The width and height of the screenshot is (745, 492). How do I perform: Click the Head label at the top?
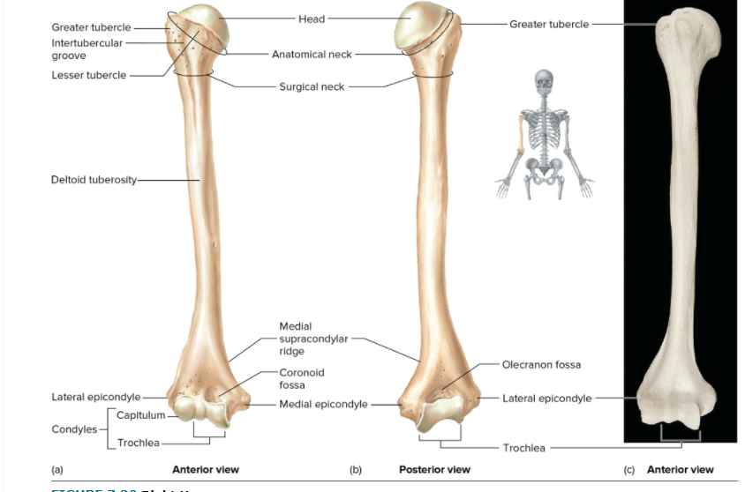312,19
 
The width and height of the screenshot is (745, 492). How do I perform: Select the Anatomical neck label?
312,55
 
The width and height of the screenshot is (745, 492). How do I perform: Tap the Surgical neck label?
312,87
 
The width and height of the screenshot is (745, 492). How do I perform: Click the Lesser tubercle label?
88,76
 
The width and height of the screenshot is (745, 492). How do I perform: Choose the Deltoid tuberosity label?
94,180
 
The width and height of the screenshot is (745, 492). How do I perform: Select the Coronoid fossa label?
302,379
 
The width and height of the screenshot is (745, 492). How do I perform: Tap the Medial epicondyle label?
323,405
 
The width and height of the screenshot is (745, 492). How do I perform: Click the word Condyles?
74,429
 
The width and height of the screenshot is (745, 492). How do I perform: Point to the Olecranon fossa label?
541,365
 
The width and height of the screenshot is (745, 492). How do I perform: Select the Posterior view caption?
434,470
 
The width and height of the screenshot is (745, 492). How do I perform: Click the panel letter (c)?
629,470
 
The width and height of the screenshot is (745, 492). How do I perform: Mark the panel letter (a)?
57,470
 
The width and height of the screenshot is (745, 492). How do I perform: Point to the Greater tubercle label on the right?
549,25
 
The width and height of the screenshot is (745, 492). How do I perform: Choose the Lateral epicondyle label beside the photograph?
546,399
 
